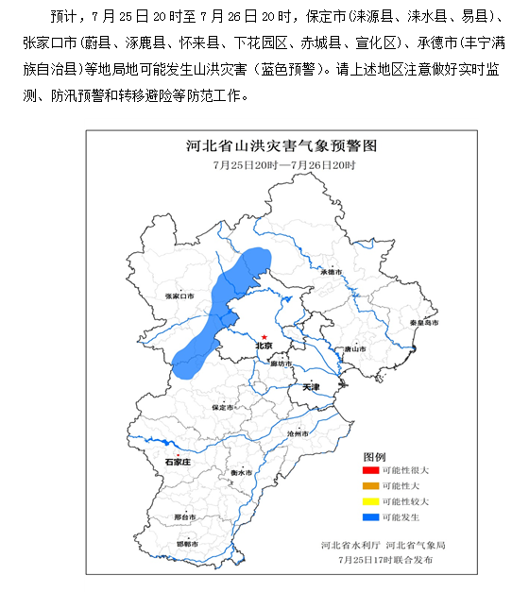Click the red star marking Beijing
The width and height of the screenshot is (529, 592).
pyautogui.click(x=264, y=337)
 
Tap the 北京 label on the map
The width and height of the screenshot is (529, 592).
pyautogui.click(x=264, y=347)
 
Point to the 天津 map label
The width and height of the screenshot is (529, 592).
pyautogui.click(x=284, y=388)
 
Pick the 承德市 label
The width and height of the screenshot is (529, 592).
pyautogui.click(x=329, y=271)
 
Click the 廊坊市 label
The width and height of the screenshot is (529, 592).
pyautogui.click(x=281, y=364)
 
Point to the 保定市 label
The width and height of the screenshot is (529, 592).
pyautogui.click(x=223, y=407)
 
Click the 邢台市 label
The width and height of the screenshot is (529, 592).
pyautogui.click(x=185, y=517)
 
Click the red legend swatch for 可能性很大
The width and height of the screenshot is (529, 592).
pyautogui.click(x=369, y=470)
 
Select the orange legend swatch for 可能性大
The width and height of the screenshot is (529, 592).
pyautogui.click(x=369, y=485)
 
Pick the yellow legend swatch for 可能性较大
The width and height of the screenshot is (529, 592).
pyautogui.click(x=369, y=501)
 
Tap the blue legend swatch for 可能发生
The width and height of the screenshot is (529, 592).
pyautogui.click(x=369, y=516)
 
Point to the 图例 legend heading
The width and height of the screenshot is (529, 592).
pyautogui.click(x=376, y=455)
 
